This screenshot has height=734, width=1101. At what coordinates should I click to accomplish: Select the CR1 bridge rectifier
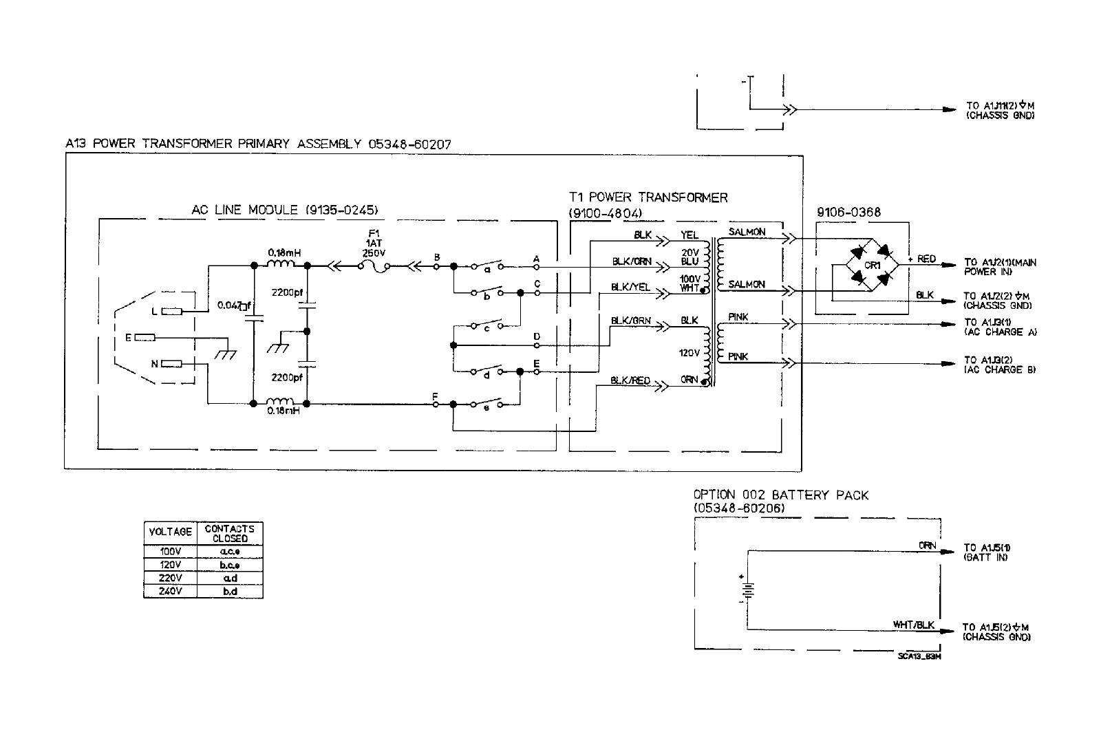[871, 266]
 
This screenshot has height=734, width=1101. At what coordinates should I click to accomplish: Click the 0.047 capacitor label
[231, 305]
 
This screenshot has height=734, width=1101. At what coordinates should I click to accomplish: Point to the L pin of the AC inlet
[171, 312]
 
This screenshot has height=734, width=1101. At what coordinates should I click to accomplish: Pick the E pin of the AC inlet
[145, 338]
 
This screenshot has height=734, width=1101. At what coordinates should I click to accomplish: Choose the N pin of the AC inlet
[171, 364]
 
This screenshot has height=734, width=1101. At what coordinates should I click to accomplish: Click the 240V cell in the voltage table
[169, 591]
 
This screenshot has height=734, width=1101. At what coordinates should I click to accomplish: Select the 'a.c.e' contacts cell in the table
[230, 552]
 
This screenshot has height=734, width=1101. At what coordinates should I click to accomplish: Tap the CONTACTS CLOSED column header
[230, 533]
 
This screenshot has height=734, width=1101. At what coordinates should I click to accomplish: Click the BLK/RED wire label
[630, 381]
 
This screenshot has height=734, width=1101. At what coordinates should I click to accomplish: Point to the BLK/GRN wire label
[630, 321]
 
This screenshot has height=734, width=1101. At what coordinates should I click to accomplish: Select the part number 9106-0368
[848, 213]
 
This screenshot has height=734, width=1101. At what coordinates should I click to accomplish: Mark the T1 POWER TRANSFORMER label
[648, 198]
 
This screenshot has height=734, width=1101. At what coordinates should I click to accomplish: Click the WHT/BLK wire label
[914, 625]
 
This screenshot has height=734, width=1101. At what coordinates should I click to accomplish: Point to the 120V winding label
[689, 353]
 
